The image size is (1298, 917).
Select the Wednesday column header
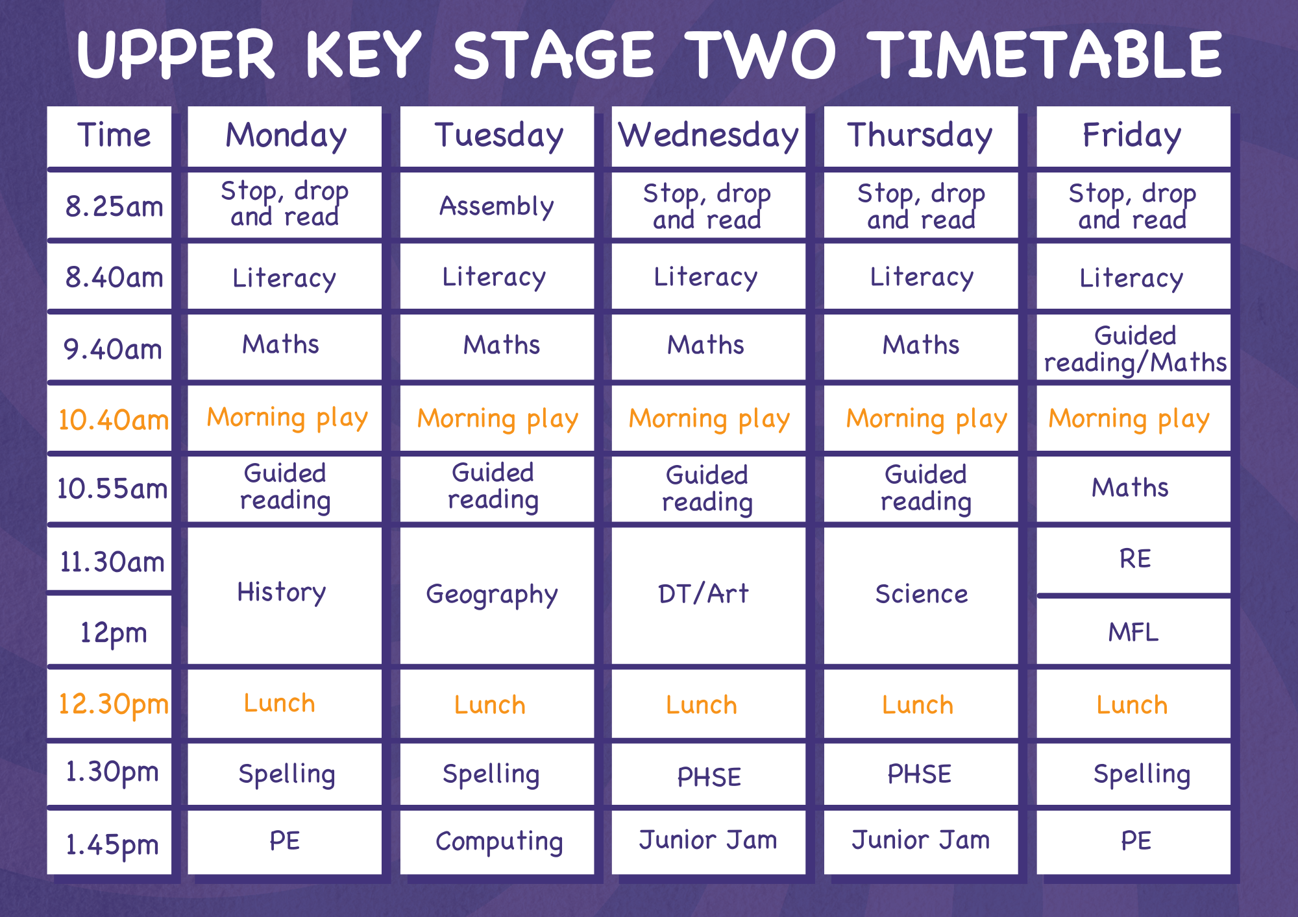(x=708, y=136)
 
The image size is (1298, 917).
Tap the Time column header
(x=109, y=136)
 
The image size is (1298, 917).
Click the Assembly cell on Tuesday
(x=496, y=205)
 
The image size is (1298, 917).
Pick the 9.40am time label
(x=112, y=350)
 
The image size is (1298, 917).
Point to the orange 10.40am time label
(x=113, y=420)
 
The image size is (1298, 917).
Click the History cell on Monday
(x=284, y=595)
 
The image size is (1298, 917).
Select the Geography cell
(x=496, y=595)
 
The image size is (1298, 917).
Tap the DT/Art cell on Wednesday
(x=708, y=595)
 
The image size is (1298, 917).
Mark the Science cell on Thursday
(x=920, y=595)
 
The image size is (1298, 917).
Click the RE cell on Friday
(x=1133, y=560)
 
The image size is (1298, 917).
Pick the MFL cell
(x=1133, y=631)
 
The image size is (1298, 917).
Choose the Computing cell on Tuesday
(x=496, y=842)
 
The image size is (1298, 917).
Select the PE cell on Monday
(x=284, y=842)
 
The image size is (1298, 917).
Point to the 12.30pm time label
(x=113, y=705)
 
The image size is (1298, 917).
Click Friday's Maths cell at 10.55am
(x=1133, y=489)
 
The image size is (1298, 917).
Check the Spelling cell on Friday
(x=1133, y=774)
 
